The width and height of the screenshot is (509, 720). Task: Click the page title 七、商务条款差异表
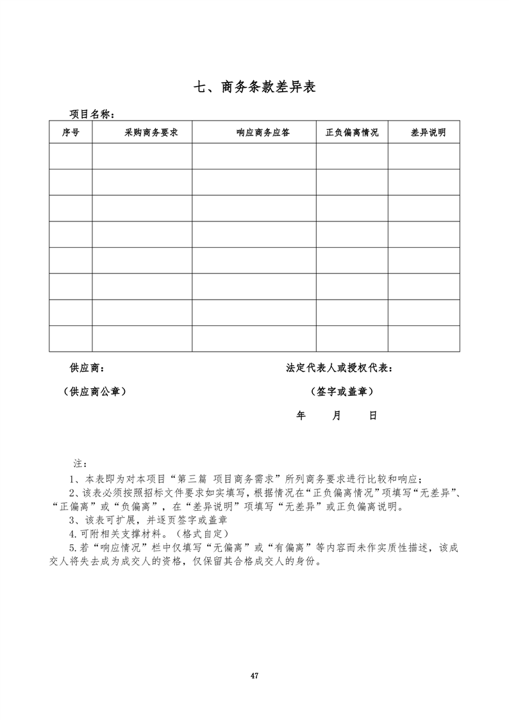[254, 87]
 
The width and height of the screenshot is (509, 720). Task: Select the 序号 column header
[71, 133]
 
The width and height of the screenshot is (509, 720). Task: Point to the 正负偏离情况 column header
[352, 133]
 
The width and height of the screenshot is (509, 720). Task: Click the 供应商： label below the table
[87, 368]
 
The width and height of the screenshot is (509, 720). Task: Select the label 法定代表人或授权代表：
[340, 368]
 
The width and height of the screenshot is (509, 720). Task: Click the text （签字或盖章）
[341, 391]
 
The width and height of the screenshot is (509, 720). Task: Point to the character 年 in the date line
[301, 415]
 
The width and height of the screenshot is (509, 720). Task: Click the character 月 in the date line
[337, 415]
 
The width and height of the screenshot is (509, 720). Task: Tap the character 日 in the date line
[372, 415]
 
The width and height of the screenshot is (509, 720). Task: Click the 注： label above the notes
[80, 463]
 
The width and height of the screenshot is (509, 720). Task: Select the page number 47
[254, 675]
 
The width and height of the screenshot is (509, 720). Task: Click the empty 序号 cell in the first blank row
[71, 156]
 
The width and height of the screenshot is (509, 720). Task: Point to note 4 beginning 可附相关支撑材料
[149, 534]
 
